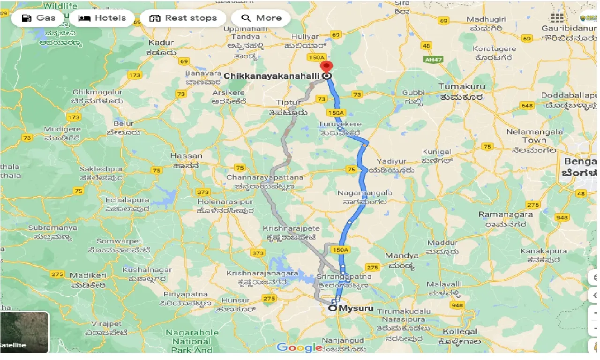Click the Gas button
click(x=39, y=18)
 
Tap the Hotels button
click(x=102, y=18)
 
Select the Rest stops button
click(x=183, y=18)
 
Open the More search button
click(x=261, y=18)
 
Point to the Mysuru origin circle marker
click(x=333, y=308)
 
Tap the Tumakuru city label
click(x=461, y=86)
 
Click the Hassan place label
click(x=186, y=156)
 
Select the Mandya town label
click(x=401, y=255)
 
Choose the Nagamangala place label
click(x=365, y=193)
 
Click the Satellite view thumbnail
click(x=24, y=332)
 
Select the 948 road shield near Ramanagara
click(x=561, y=217)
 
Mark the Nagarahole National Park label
click(x=192, y=341)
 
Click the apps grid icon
click(x=557, y=18)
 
